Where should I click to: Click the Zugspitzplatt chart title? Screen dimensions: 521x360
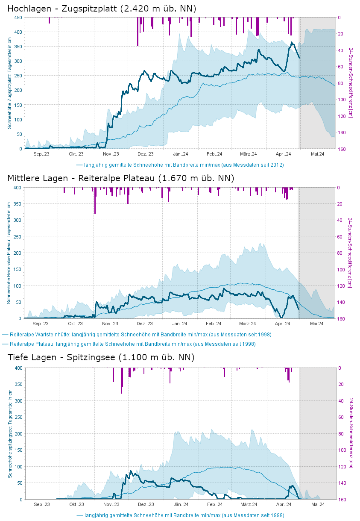click(102, 8)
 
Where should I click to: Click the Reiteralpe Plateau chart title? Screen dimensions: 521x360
click(121, 178)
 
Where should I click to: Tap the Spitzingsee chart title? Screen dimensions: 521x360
click(101, 357)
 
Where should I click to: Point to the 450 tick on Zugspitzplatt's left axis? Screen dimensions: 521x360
click(18, 18)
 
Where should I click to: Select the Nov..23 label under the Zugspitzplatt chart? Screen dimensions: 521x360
click(111, 154)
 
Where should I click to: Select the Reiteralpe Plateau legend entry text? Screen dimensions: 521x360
click(132, 344)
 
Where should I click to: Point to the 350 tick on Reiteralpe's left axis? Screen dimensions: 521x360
click(18, 204)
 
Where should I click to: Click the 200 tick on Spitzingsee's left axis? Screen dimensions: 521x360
click(18, 434)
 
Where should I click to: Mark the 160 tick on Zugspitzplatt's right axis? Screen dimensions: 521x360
click(342, 149)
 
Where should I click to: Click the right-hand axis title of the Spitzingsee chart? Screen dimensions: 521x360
click(351, 433)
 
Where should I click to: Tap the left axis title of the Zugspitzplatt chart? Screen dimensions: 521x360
click(9, 83)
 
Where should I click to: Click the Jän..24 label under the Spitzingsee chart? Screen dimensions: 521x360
click(181, 504)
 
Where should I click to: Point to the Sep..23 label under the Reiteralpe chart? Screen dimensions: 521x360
click(41, 324)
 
